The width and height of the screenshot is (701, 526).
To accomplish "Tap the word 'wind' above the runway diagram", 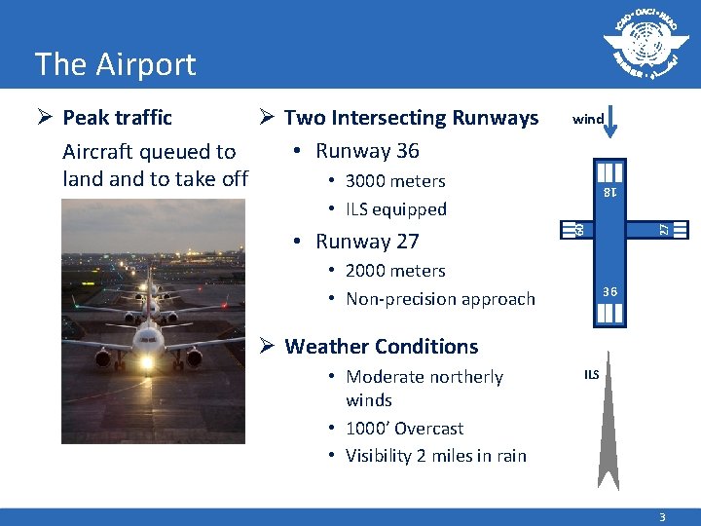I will [x=588, y=120].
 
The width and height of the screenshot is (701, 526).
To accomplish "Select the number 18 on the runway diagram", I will [x=609, y=193].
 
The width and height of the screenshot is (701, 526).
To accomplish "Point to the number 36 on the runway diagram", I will [x=609, y=291].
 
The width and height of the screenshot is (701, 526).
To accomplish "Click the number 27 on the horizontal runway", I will [x=663, y=229].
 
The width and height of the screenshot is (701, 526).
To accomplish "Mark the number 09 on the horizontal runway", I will [x=577, y=229].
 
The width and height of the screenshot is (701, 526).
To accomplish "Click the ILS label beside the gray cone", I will [x=591, y=374].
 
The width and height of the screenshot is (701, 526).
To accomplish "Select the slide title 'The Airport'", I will [x=115, y=64].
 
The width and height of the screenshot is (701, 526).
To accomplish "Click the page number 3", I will [x=662, y=518].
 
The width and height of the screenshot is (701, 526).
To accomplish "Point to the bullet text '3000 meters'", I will [x=395, y=181].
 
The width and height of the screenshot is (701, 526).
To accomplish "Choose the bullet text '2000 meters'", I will [x=395, y=271].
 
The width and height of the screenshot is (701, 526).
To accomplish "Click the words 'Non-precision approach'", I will [x=440, y=299].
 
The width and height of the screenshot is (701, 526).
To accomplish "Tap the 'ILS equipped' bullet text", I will [x=395, y=209].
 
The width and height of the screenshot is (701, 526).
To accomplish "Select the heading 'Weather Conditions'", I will [x=381, y=347].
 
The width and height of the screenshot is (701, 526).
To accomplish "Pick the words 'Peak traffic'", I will [x=117, y=118].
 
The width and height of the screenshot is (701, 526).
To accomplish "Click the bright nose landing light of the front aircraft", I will [x=147, y=364].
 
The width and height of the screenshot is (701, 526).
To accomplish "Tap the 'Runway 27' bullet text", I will [x=367, y=242].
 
